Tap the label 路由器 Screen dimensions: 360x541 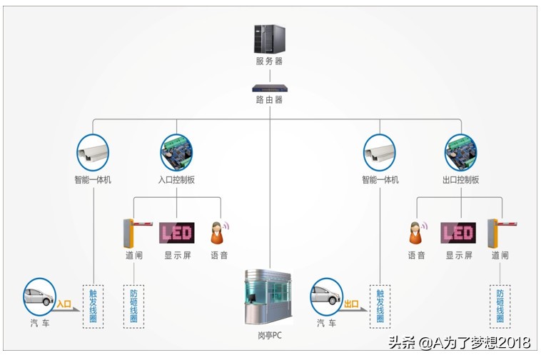269,100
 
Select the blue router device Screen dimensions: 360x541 269,88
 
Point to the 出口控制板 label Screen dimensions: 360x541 461,180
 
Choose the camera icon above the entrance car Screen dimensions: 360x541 93,151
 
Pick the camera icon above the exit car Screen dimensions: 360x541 380,151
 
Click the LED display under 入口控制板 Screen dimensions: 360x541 176,232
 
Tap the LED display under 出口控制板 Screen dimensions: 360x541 458,233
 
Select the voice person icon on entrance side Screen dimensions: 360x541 218,232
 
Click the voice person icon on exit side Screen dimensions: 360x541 416,233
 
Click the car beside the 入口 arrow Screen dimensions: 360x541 39,296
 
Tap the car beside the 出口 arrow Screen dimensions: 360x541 327,296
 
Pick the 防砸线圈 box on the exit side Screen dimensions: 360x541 500,306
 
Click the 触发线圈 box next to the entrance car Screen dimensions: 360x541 93,306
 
